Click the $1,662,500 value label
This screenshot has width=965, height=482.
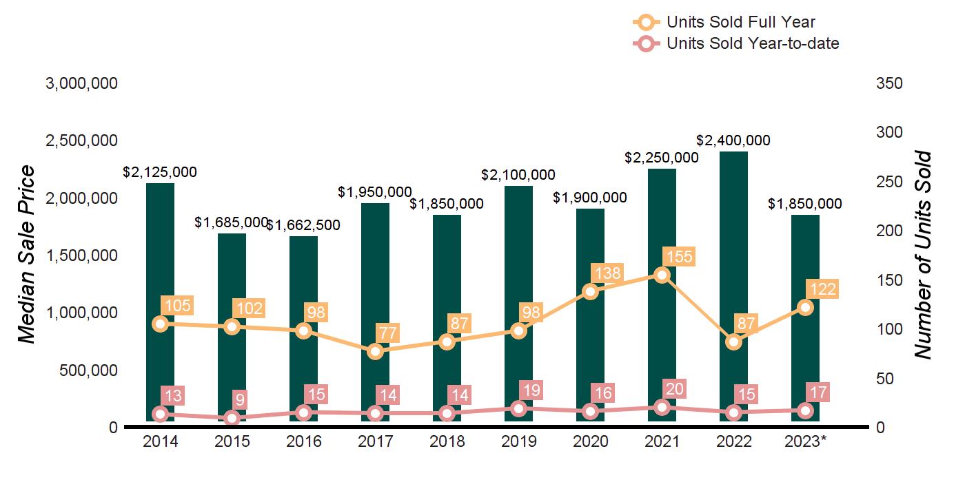coord(303,225)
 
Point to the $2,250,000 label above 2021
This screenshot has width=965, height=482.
coord(662,157)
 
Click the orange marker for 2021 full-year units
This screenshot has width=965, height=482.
coord(662,275)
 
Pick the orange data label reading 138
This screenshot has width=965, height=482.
coord(607,273)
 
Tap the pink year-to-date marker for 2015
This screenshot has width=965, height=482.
coord(232,418)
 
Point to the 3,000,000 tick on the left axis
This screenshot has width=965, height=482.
coord(81,83)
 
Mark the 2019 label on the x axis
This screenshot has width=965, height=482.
coord(518,441)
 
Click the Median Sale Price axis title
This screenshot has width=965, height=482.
coord(26,255)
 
